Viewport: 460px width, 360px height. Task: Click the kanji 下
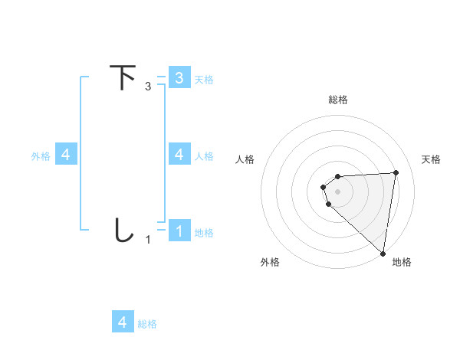coord(123,78)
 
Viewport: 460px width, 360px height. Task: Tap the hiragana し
coord(123,231)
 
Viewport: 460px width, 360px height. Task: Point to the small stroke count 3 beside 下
coord(148,87)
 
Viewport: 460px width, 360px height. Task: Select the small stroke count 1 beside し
coord(148,240)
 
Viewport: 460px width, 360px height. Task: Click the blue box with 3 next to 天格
coord(179,77)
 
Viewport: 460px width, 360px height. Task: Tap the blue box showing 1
coord(179,231)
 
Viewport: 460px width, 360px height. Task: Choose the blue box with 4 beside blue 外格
coord(66,155)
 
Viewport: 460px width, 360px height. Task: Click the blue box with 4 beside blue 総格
coord(123,322)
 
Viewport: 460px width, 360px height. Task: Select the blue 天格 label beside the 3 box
coord(204,79)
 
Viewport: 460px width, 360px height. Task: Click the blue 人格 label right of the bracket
coord(204,155)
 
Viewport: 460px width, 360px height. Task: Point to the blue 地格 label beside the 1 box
coord(204,232)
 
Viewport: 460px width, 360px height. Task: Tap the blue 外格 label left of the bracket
coord(41,155)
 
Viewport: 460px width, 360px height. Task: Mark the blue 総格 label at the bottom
coord(147,323)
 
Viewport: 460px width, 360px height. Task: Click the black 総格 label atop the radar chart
coord(338,100)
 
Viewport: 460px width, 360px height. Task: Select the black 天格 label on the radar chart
coord(432,159)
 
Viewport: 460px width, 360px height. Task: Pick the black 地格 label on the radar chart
coord(402,262)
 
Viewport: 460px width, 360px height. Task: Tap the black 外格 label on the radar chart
coord(270,262)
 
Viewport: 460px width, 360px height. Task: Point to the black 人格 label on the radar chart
coord(245,159)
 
